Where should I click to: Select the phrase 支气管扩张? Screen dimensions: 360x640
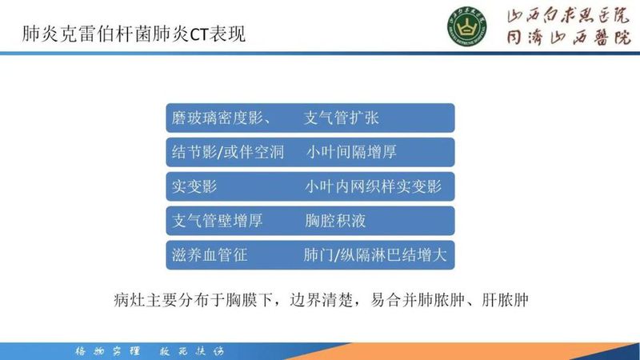tap(342, 118)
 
